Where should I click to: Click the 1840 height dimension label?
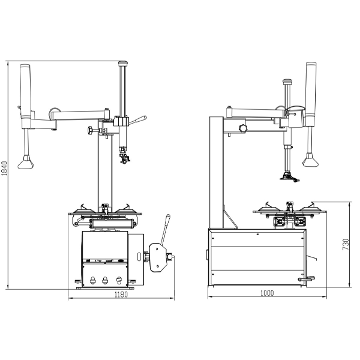pyautogui.click(x=4, y=168)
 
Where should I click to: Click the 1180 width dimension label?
pyautogui.click(x=121, y=295)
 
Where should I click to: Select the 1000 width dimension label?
pyautogui.click(x=267, y=293)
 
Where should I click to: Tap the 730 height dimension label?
pyautogui.click(x=346, y=244)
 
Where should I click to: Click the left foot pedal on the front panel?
pyautogui.click(x=92, y=280)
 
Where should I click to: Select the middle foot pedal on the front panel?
pyautogui.click(x=105, y=280)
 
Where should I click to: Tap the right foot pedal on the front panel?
pyautogui.click(x=119, y=280)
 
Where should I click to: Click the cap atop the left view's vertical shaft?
pyautogui.click(x=123, y=63)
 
